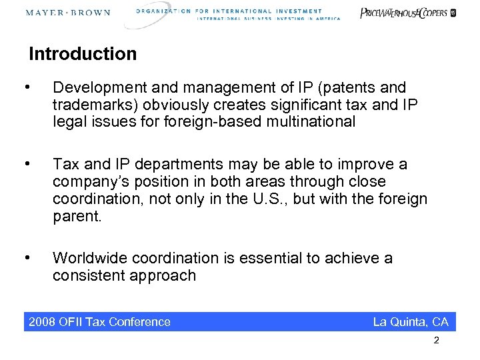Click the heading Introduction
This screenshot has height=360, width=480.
(x=83, y=54)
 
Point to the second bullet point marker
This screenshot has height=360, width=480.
(x=26, y=164)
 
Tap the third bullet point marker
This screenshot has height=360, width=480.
(x=26, y=258)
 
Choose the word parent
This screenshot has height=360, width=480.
(x=77, y=216)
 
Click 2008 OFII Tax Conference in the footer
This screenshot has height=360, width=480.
(x=100, y=322)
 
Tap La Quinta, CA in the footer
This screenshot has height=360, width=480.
(x=411, y=322)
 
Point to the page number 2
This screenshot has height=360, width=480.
(x=436, y=341)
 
